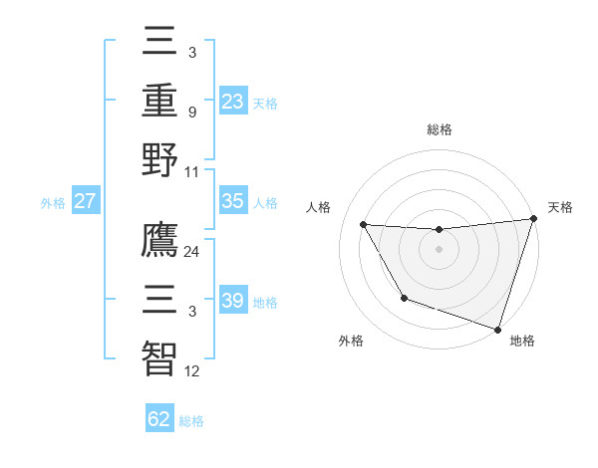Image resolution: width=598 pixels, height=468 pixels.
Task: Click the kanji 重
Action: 158,102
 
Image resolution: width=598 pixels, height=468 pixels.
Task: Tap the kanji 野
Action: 158,160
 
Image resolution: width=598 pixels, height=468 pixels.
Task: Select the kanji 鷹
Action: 158,240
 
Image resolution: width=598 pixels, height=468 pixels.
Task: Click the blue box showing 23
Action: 232,101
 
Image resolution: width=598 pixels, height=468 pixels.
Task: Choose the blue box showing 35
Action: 232,201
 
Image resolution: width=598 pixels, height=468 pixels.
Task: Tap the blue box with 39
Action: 232,301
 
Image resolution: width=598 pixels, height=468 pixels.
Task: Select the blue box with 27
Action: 86,201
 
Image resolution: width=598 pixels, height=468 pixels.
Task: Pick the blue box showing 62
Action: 159,418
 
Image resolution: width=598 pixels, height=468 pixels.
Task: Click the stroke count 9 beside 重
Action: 191,113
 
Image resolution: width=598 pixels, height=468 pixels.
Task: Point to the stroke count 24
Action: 192,252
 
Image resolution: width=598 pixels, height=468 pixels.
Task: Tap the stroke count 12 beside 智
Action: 192,371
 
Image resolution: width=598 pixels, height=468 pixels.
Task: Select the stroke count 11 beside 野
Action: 192,171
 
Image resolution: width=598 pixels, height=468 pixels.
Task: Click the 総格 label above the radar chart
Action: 440,129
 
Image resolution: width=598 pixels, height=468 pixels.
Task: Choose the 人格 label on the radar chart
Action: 319,207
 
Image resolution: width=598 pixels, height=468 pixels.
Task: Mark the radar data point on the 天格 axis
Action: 533,219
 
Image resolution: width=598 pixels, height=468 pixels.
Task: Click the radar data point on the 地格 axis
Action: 497,329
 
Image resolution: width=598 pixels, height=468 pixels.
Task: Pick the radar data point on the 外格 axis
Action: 404,298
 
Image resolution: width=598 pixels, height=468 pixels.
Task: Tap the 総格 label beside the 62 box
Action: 191,420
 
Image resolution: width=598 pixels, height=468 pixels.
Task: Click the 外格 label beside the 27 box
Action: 53,203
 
